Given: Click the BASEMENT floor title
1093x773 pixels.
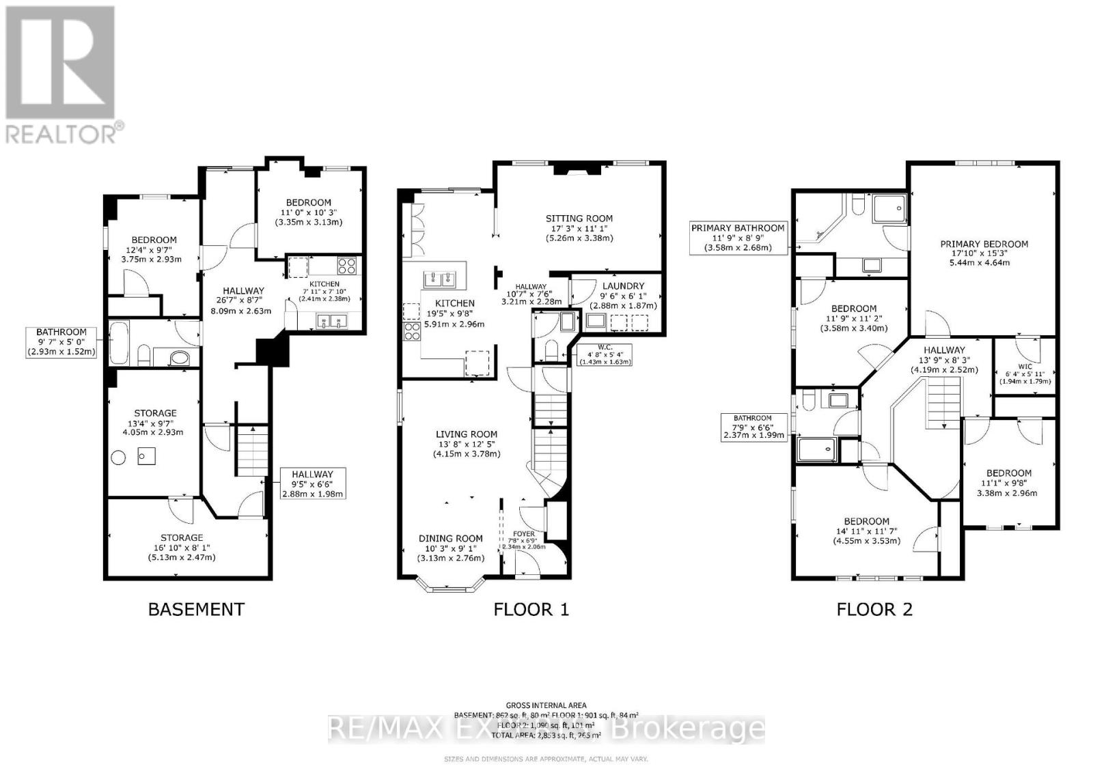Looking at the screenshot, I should click(x=196, y=609).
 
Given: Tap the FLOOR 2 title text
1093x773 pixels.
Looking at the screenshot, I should click(x=874, y=609).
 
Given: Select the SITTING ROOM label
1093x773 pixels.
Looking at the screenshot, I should click(x=578, y=219).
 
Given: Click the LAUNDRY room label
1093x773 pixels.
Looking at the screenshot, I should click(x=622, y=286).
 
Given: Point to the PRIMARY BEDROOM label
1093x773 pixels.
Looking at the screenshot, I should click(x=984, y=244).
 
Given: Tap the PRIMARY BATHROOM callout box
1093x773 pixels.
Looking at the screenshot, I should click(x=738, y=237).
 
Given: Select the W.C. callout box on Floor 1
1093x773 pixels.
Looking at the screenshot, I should click(x=605, y=354).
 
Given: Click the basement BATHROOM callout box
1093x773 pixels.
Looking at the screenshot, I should click(x=61, y=341).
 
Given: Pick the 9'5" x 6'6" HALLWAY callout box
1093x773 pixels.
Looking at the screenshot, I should click(x=312, y=483).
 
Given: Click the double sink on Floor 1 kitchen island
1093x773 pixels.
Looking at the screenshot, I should click(x=441, y=279).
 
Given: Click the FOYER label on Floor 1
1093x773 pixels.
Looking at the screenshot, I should click(x=524, y=534).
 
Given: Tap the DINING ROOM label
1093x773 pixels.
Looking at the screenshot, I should click(x=450, y=538).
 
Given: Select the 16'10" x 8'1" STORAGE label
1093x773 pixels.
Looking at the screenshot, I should click(x=182, y=537).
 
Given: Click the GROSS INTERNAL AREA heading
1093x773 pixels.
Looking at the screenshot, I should click(x=546, y=705).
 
